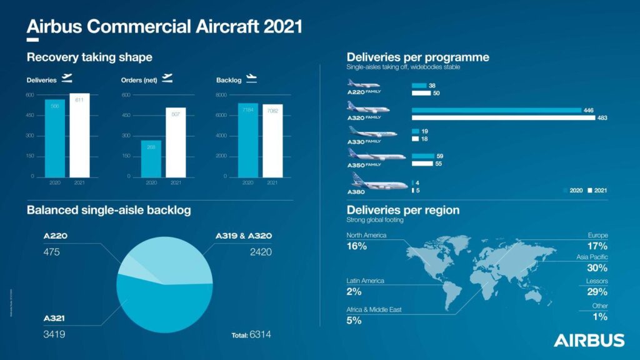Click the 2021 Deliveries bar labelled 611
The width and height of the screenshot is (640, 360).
coord(79,135)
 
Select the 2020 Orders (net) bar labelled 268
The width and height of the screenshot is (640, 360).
coord(151,158)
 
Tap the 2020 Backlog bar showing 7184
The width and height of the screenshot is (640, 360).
coord(247,139)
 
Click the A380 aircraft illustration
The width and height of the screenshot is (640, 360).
coord(371,184)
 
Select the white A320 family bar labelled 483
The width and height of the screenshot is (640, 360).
coord(504,117)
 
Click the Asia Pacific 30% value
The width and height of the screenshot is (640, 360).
coord(597,267)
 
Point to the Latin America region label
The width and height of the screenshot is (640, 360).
coord(366,281)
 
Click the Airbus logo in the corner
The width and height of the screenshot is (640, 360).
coord(588,340)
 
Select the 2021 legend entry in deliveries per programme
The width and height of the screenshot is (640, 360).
coord(597,190)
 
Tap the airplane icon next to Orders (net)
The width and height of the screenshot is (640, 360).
coord(167,78)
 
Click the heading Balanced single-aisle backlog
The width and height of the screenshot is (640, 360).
coord(109,210)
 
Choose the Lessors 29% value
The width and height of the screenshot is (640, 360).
coord(597,291)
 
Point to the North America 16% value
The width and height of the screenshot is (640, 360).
coord(357,246)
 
